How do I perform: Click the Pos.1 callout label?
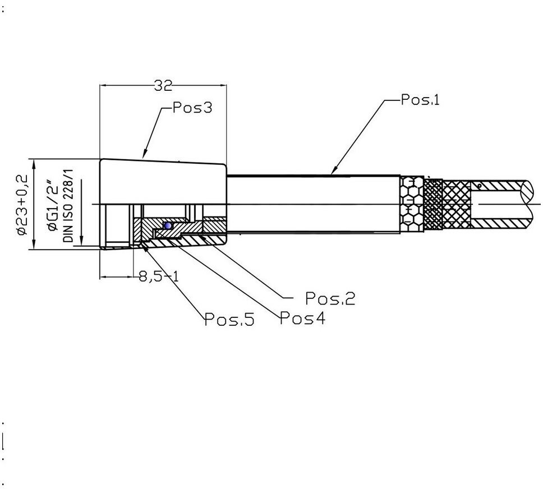tap(420, 100)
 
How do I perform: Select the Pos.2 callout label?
tap(330, 298)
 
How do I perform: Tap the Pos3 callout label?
tap(192, 108)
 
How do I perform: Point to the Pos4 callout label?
tap(302, 319)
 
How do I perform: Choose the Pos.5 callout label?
tap(229, 320)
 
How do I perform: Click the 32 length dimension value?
tap(163, 85)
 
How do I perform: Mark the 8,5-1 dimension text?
tap(159, 276)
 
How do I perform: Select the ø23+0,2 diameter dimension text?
tap(21, 204)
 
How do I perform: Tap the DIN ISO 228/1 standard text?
tap(68, 205)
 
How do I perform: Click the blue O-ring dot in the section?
tap(166, 225)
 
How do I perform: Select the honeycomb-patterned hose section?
tap(412, 204)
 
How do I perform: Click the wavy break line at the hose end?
tap(532, 204)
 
